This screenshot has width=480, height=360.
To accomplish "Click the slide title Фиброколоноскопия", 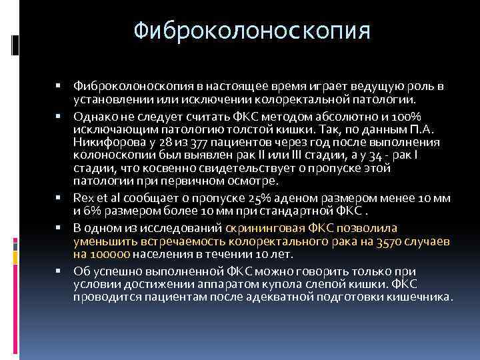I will coord(251,31).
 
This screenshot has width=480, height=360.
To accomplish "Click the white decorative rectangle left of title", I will coord(15,43).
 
